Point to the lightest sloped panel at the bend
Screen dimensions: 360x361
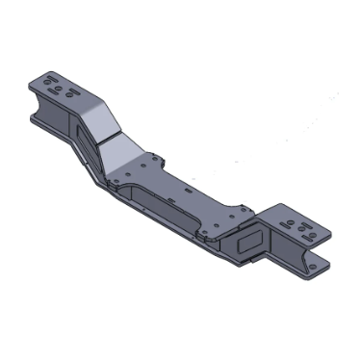point(123,149)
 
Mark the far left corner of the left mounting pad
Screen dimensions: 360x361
point(32,81)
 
